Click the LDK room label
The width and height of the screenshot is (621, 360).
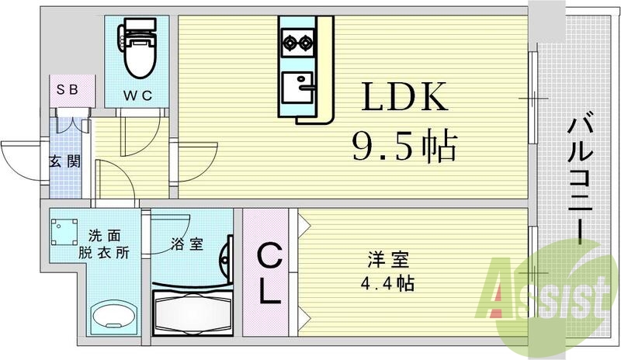[402, 98]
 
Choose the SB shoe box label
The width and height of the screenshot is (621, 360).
[66, 88]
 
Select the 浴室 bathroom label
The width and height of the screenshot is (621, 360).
[187, 244]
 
